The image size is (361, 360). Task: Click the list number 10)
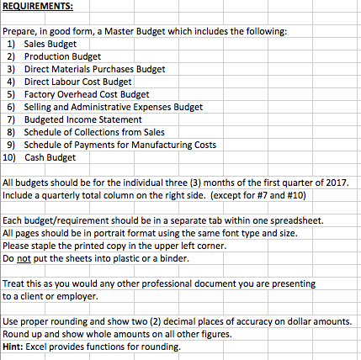pos(9,157)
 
